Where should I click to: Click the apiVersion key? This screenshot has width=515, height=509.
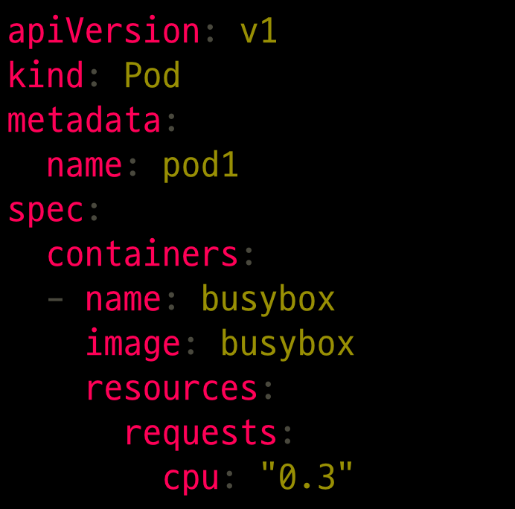[x=103, y=32]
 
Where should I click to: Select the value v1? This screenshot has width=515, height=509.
[x=258, y=32]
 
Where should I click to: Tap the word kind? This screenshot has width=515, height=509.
[x=45, y=76]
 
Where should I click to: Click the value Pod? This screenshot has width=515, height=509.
[x=152, y=76]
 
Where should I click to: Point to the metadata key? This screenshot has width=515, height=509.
[x=84, y=121]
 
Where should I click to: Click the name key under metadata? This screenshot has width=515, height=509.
[x=84, y=165]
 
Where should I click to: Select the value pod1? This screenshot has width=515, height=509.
[x=200, y=165]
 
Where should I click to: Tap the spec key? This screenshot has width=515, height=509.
[x=45, y=210]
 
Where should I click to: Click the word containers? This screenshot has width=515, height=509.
[x=142, y=254]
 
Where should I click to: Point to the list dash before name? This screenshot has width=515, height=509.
[x=55, y=299]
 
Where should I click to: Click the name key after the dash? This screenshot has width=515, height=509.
[x=123, y=299]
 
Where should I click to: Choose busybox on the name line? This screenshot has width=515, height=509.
[x=268, y=299]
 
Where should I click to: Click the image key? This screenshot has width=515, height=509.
[x=132, y=344]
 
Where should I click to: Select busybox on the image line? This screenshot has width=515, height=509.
[x=287, y=344]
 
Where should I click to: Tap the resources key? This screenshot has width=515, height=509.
[x=171, y=388]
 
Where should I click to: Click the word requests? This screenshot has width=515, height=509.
[x=200, y=433]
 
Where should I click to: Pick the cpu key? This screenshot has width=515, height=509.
[x=191, y=478]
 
